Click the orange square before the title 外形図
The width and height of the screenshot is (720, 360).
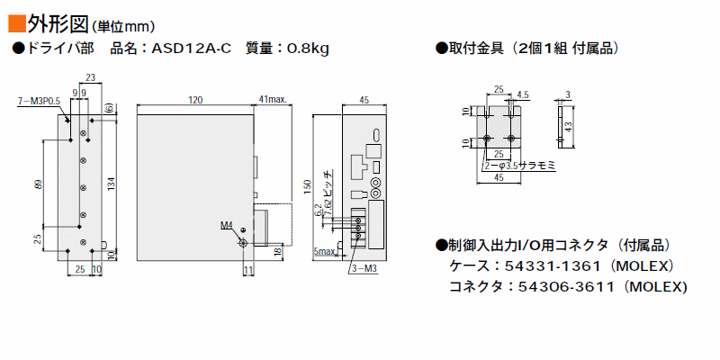point(16,23)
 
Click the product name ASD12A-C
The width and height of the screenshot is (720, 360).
point(192,49)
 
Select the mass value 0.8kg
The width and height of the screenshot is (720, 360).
point(308,49)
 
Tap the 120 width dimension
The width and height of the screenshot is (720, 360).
point(195,100)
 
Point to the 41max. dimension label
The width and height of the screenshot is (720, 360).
point(273,100)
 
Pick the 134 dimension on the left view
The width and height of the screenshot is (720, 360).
point(111,184)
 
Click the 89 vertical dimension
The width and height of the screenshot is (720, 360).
point(39,184)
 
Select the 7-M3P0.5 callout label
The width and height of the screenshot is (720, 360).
point(39,102)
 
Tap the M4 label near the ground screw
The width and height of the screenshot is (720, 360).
point(227,225)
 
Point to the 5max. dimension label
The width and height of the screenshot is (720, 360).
point(325,251)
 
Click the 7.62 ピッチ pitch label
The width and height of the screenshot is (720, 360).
point(328,188)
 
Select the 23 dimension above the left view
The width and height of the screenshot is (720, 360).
point(91,77)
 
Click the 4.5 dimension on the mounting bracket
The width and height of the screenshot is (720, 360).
point(523,95)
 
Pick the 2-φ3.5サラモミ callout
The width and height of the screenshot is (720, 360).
point(520,166)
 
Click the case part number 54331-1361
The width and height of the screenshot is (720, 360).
point(553,265)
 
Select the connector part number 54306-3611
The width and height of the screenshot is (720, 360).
point(566,287)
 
